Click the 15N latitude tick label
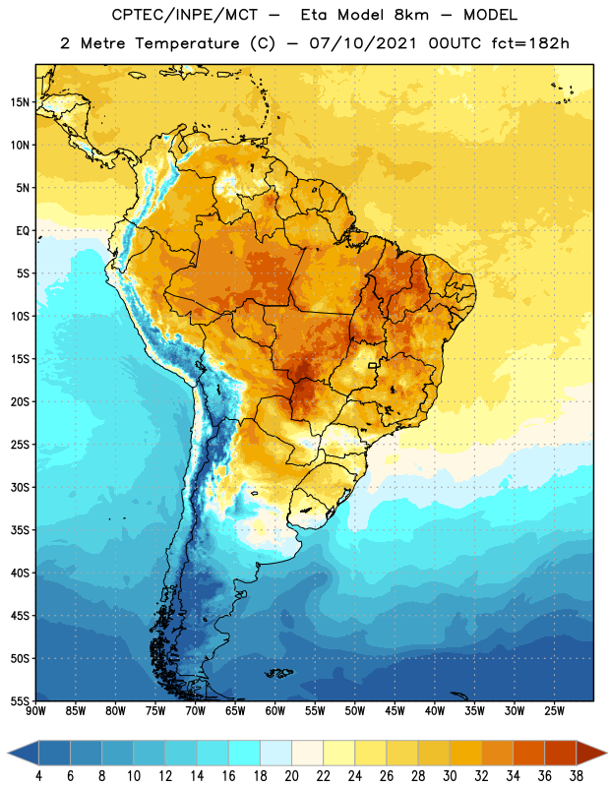20,102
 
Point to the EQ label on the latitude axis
23,231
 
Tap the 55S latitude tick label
20,700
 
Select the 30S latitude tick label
20,487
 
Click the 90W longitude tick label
35,711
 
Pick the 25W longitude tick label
554,711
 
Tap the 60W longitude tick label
275,711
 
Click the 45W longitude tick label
395,711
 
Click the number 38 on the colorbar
577,776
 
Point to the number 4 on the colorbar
38,776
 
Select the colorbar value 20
291,776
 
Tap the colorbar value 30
450,776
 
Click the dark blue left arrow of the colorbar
24,753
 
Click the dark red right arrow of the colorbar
591,753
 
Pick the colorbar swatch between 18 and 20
276,753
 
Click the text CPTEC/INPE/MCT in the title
185,15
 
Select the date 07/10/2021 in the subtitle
363,43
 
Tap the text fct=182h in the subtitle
530,43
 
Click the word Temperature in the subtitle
187,43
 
